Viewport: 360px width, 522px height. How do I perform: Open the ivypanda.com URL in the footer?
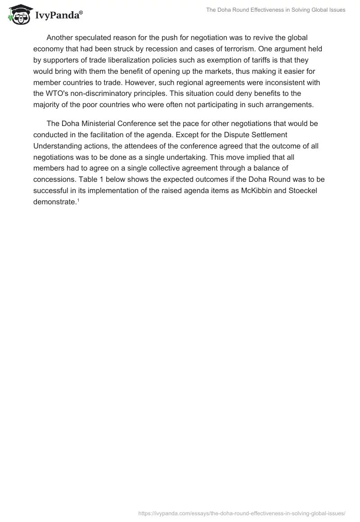point(242,513)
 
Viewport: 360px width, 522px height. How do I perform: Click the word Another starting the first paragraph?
point(61,38)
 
